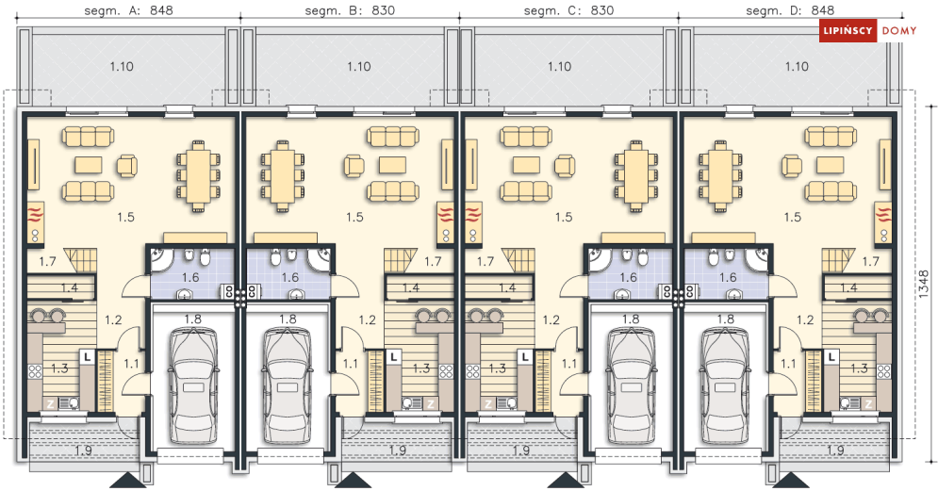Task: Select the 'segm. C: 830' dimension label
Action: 568,11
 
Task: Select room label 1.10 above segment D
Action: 797,66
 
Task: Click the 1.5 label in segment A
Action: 125,217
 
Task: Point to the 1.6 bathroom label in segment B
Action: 288,277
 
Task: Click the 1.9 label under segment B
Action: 397,450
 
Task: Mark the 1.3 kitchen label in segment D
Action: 858,368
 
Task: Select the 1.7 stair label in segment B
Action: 433,261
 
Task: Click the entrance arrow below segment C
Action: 569,481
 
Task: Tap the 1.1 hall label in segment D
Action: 789,363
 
